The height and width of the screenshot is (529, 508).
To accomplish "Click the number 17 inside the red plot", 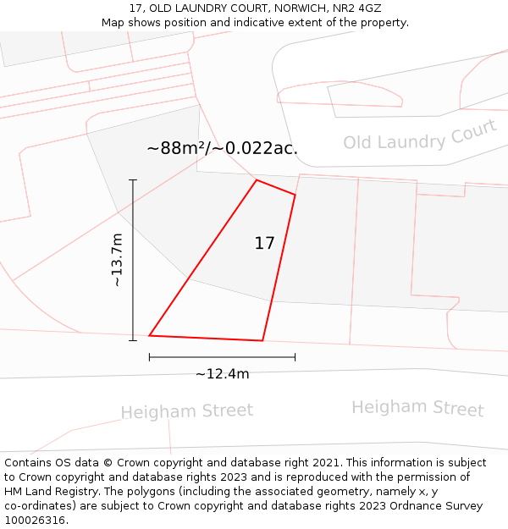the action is (264, 243).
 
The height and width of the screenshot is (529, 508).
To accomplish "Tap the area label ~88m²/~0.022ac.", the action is (222, 148).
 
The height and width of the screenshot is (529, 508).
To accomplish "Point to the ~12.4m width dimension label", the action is (222, 374).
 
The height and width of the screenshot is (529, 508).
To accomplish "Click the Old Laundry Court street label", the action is (420, 135).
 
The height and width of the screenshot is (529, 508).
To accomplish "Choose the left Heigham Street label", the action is (186, 412).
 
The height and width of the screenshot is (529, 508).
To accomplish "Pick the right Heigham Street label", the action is (417, 408).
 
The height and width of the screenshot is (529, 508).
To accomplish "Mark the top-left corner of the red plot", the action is (257, 180).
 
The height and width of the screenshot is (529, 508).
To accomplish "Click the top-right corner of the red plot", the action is (295, 196).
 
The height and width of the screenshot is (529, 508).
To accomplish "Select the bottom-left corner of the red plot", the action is (150, 336).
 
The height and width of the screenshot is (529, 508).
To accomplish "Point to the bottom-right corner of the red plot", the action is (262, 341).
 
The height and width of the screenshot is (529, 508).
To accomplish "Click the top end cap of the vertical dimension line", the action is (133, 179).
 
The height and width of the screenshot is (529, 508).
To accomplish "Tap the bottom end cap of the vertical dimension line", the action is (133, 341).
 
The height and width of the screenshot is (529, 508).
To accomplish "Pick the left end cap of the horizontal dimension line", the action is (150, 357).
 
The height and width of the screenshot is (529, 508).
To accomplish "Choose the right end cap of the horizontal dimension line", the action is (295, 357).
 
